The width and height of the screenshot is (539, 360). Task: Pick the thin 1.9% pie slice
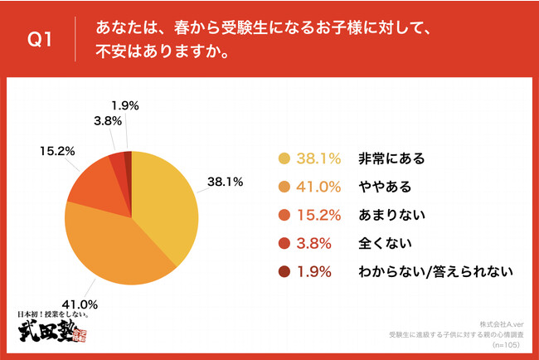(129, 158)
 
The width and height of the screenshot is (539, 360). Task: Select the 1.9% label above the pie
(124, 105)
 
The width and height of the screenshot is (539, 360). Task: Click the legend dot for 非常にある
(285, 158)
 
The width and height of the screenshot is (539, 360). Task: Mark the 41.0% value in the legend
(320, 186)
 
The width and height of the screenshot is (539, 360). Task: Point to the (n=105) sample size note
(507, 343)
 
